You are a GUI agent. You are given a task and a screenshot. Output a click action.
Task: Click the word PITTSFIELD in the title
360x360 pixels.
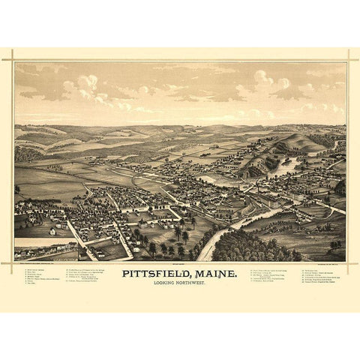pyautogui.click(x=157, y=274)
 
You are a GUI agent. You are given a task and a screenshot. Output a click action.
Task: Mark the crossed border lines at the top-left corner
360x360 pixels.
pyautogui.click(x=13, y=61)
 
